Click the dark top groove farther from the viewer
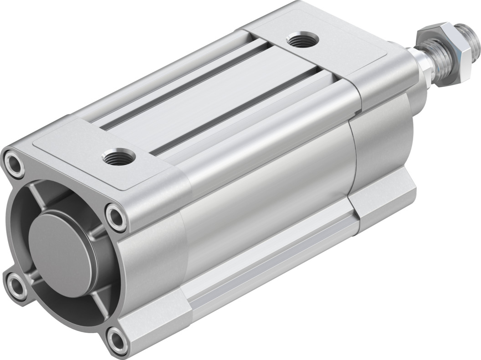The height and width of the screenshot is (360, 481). [x=182, y=86]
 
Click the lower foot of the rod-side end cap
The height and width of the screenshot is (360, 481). [x=387, y=200]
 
